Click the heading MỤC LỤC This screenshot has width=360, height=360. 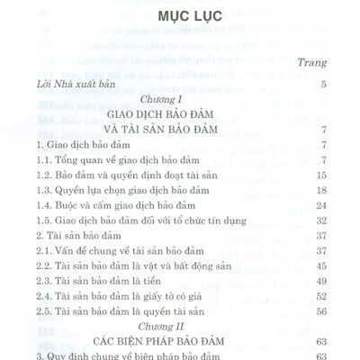tap(179, 19)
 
